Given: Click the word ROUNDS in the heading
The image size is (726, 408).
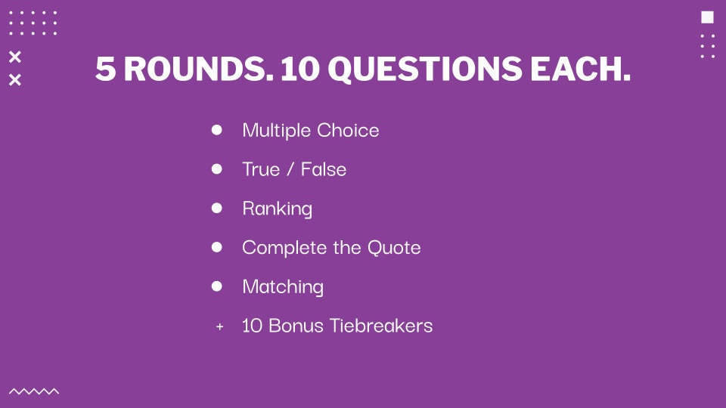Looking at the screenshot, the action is [x=198, y=69].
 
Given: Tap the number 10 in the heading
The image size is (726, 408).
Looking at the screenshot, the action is [x=300, y=69].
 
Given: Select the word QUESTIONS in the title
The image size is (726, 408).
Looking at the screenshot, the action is [x=425, y=70].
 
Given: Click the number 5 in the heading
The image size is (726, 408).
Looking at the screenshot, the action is [x=106, y=69].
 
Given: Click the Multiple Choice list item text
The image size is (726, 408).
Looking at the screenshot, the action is [x=311, y=131].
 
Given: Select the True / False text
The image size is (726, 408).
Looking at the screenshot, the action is [x=294, y=169].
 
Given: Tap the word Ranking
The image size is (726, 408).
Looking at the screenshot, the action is [x=277, y=209].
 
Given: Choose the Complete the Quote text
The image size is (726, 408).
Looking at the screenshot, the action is [x=331, y=248].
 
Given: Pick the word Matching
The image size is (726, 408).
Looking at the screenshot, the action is [x=282, y=287].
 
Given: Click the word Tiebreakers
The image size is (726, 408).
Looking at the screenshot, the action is [x=381, y=326].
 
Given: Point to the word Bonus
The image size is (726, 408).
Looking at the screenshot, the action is [x=296, y=326].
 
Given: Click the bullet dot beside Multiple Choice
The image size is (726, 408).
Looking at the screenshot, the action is [x=217, y=130].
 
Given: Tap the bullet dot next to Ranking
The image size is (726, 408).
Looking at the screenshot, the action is [x=217, y=209].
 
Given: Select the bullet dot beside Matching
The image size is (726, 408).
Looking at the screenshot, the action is [x=217, y=286].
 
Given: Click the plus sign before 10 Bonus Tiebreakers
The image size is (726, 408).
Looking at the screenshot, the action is [x=220, y=326].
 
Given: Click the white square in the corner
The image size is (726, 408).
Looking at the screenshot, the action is [x=708, y=17].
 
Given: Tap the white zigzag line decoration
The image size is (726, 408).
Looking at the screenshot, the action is [x=34, y=391].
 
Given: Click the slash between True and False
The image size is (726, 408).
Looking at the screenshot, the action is [x=290, y=169].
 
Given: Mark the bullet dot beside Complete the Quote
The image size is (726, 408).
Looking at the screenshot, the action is [x=217, y=247].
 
